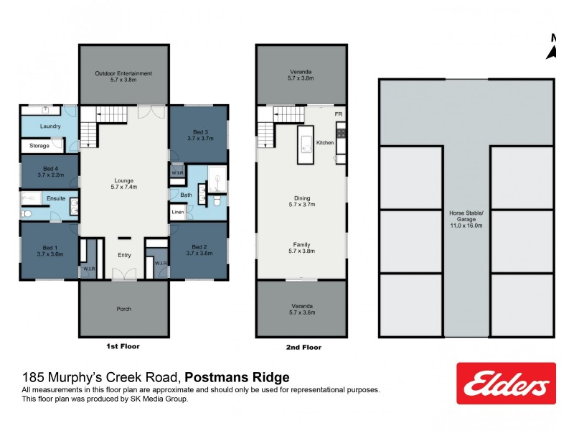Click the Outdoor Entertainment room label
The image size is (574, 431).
(123, 77)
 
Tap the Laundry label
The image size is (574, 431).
(50, 126)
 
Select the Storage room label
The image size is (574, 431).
(39, 146)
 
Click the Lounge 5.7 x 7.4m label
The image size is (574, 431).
(123, 185)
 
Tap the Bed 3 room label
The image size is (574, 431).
(199, 135)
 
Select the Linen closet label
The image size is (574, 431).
(177, 213)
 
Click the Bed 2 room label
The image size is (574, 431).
(199, 249)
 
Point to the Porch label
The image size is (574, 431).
(123, 309)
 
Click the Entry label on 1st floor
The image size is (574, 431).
(123, 255)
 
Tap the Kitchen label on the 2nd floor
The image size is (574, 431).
(325, 143)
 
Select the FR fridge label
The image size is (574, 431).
(338, 114)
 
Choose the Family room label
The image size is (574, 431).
(301, 248)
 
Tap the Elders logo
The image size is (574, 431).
(506, 384)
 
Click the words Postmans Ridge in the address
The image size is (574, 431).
(237, 377)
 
